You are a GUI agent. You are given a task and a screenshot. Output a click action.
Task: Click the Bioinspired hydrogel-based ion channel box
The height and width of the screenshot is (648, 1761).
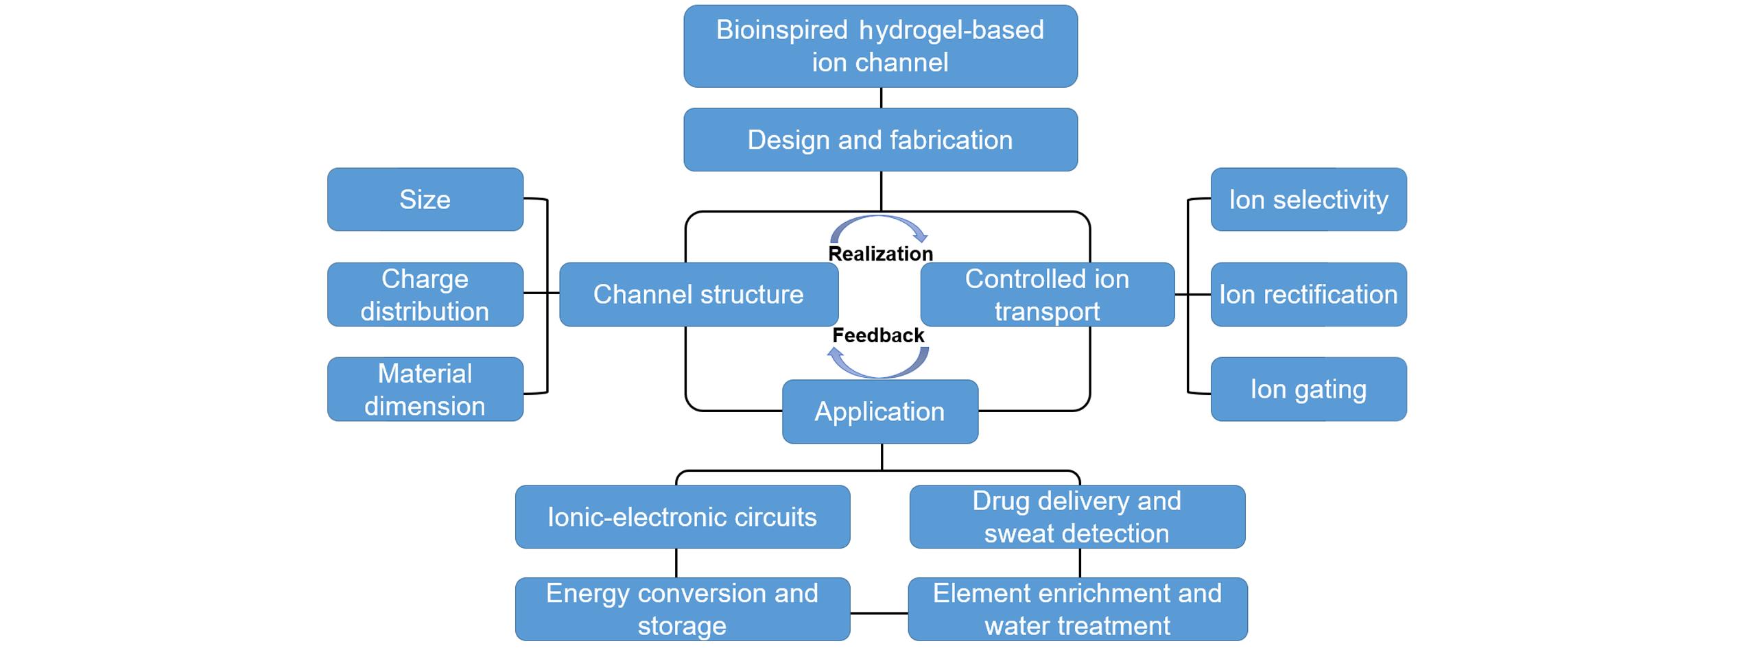click(880, 46)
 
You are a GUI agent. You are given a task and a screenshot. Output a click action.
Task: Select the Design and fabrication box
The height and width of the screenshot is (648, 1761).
click(880, 140)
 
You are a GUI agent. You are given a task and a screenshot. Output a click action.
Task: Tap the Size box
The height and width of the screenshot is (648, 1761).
click(425, 200)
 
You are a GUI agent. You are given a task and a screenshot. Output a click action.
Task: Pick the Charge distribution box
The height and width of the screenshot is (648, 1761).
click(425, 294)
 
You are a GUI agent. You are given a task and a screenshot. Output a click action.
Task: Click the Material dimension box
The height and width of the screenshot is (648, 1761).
click(425, 389)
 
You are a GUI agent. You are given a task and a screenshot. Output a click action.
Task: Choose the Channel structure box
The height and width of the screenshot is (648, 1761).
click(698, 294)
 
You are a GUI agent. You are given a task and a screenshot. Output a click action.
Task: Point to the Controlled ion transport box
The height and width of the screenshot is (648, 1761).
click(1047, 294)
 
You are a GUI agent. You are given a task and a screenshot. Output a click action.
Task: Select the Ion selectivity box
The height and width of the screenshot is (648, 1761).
click(1308, 200)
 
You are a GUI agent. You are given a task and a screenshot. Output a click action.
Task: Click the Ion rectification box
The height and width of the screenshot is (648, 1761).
click(1308, 294)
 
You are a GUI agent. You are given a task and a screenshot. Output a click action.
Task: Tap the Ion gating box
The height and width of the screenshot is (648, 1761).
click(1308, 389)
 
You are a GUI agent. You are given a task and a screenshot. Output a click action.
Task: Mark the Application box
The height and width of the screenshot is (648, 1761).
click(880, 411)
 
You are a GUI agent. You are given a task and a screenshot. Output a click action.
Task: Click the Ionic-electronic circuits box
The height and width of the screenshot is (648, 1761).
click(683, 517)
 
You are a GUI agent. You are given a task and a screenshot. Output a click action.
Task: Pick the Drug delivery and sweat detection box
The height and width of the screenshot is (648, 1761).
click(1077, 517)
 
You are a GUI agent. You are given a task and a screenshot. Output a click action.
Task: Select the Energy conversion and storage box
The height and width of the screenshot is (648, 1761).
click(683, 609)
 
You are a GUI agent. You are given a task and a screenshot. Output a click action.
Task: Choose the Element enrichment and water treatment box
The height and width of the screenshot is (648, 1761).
click(1077, 609)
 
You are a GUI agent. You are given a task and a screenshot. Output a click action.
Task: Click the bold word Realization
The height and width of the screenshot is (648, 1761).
click(880, 254)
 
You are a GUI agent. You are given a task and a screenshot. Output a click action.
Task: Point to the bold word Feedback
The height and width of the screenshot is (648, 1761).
click(878, 335)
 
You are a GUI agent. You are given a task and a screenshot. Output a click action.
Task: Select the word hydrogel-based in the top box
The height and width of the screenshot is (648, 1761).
click(952, 30)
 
